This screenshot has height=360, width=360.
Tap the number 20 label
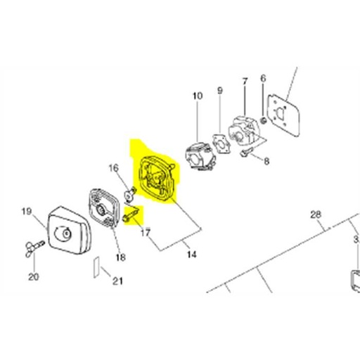click(x=33, y=276)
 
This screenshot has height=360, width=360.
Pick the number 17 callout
click(x=146, y=232)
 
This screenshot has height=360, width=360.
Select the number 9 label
click(x=219, y=90)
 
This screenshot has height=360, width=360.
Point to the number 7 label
click(x=245, y=82)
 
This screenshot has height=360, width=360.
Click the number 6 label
click(x=263, y=77)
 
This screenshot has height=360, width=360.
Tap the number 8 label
click(x=266, y=162)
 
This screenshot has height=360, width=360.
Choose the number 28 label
click(x=315, y=214)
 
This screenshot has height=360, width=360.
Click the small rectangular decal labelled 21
click(x=97, y=267)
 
